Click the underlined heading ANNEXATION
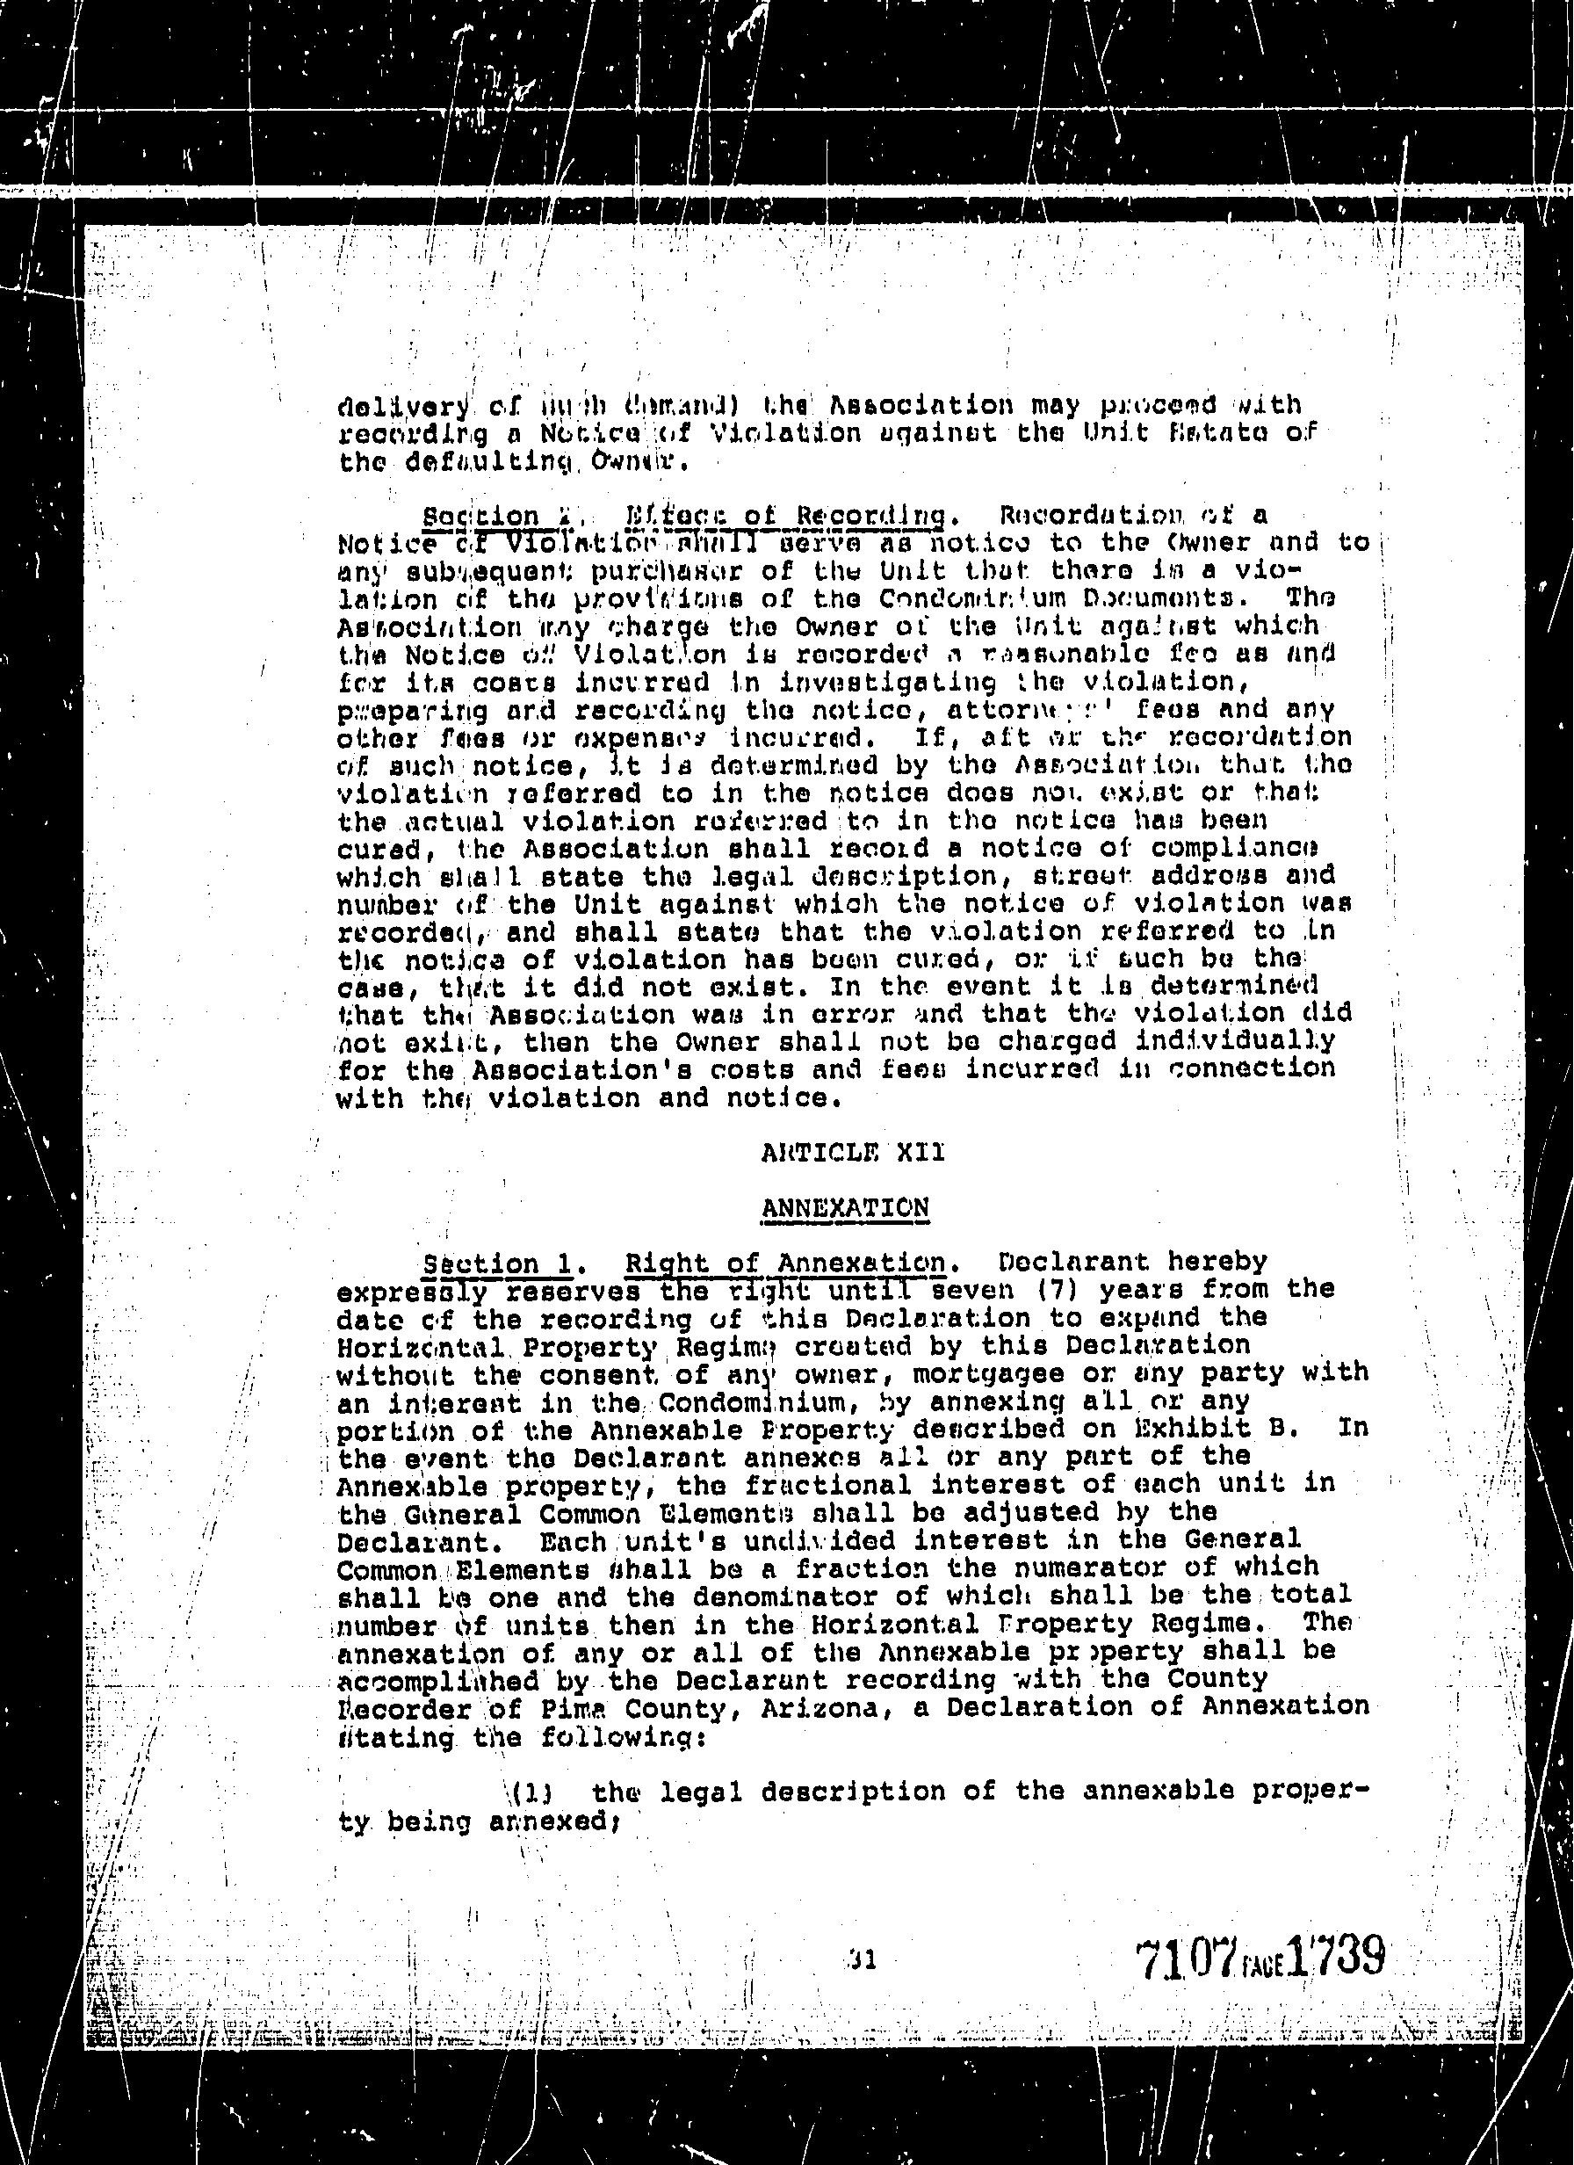pyautogui.click(x=845, y=1207)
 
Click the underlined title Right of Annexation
pyautogui.click(x=784, y=1262)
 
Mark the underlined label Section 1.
pyautogui.click(x=497, y=1263)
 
